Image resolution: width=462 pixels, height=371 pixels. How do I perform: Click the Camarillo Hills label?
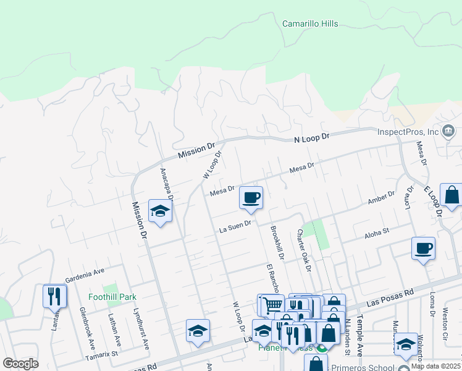(310, 23)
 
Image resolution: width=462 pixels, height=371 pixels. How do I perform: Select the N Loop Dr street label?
(313, 137)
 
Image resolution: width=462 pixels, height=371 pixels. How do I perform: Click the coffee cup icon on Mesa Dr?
(251, 198)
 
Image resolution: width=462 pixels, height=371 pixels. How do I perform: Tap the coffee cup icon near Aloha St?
(423, 248)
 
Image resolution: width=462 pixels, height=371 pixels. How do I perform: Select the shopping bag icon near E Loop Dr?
(451, 195)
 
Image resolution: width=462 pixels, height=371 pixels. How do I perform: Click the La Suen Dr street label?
(235, 228)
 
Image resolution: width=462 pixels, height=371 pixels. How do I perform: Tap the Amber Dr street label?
(380, 198)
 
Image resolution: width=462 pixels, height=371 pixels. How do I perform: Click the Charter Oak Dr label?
(303, 250)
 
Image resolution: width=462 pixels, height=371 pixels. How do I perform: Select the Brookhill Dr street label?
(276, 242)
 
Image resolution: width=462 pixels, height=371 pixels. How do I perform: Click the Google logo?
(20, 363)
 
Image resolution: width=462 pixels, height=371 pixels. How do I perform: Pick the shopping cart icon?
(272, 304)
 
